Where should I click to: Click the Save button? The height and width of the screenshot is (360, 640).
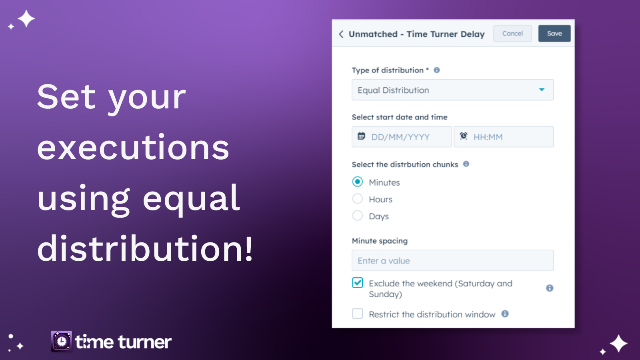point(554,34)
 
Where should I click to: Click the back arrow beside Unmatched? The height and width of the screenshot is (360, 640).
point(341,34)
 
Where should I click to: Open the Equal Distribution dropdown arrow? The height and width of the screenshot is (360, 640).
point(542,90)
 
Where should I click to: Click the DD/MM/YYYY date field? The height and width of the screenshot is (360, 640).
point(402,136)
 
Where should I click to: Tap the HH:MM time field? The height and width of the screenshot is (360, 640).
point(504,136)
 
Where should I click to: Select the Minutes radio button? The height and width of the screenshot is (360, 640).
point(358,182)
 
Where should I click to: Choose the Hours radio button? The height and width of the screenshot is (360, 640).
point(358,198)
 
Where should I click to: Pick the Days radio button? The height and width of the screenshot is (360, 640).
point(358,216)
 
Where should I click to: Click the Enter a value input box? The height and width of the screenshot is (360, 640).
point(452,260)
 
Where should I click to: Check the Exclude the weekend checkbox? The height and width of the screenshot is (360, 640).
point(358,282)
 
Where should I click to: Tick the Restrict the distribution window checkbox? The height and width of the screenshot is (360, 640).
point(358,314)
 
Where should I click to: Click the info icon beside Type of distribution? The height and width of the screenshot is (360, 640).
point(436,70)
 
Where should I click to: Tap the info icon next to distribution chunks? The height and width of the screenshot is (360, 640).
point(466,164)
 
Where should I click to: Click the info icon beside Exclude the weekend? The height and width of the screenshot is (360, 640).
point(550,288)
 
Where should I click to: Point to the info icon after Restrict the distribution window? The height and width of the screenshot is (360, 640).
point(505,314)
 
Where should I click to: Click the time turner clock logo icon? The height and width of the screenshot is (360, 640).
point(62,341)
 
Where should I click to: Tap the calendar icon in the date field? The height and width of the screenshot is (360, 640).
point(361,136)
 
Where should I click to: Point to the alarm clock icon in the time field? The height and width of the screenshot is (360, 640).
point(464,136)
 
